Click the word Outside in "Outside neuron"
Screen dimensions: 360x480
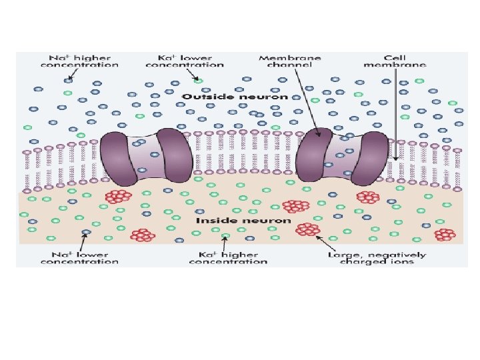(203, 97)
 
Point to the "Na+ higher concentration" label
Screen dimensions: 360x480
(79, 61)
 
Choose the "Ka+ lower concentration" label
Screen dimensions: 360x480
(185, 61)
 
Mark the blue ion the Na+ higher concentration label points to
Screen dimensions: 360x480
(69, 81)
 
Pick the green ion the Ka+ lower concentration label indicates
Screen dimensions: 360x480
(198, 80)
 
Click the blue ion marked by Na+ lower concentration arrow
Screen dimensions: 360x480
(85, 233)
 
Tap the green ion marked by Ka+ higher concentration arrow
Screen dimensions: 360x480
(226, 236)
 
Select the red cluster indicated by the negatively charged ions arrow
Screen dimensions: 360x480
(307, 229)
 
